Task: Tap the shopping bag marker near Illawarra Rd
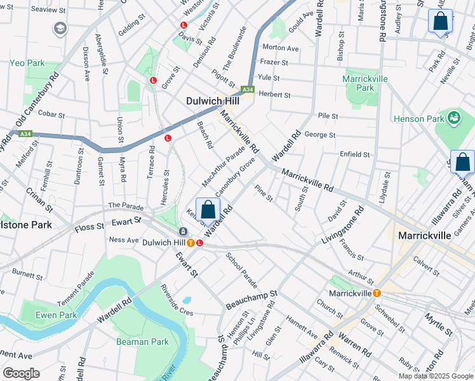coord(462,163)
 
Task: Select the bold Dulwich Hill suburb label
coord(213,101)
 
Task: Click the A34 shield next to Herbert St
coord(248,90)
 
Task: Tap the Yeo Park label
coord(27,63)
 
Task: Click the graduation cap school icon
coord(60,29)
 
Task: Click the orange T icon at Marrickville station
coord(377,293)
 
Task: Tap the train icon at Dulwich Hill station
coord(184,232)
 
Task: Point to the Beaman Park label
coord(142,342)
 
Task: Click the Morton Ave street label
coord(280,48)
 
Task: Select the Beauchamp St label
coord(252,301)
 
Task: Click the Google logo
coord(21,373)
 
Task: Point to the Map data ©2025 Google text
coord(436,376)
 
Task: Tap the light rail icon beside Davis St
coord(184,25)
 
